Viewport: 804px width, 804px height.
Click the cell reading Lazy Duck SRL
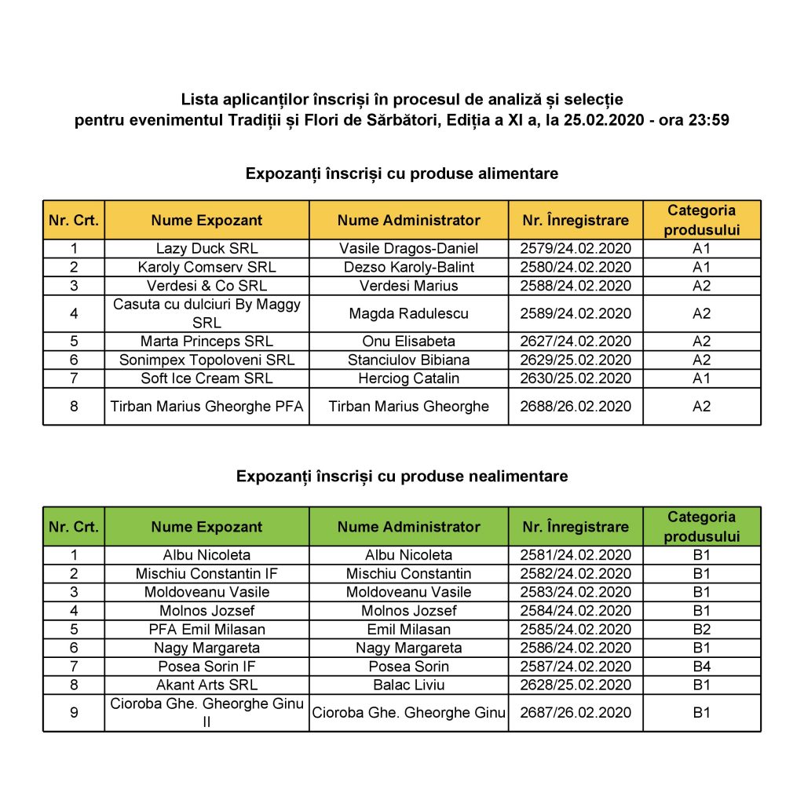point(206,248)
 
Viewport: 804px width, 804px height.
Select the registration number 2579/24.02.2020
point(576,248)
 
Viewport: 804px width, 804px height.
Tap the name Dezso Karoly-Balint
point(408,267)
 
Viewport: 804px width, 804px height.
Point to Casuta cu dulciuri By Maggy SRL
point(206,313)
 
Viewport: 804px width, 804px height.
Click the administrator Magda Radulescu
point(408,313)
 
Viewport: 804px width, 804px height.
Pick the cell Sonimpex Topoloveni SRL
point(206,360)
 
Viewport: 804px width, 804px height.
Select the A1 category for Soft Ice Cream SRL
point(701,378)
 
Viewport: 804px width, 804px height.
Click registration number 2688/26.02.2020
point(576,406)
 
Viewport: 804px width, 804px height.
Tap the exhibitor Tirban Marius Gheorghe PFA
point(206,406)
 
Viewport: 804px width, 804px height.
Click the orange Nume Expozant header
point(206,221)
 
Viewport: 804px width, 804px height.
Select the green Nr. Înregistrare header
point(576,527)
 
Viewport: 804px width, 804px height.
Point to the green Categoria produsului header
point(701,527)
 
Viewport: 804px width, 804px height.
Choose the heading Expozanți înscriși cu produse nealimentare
point(402,476)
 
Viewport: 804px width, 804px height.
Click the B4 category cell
point(701,667)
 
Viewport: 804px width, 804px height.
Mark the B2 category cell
point(701,629)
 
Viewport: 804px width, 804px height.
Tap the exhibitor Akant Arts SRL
point(206,685)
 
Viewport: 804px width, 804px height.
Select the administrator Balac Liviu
point(408,685)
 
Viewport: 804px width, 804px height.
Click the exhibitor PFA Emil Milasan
point(206,629)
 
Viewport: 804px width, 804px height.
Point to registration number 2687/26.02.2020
point(576,713)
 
